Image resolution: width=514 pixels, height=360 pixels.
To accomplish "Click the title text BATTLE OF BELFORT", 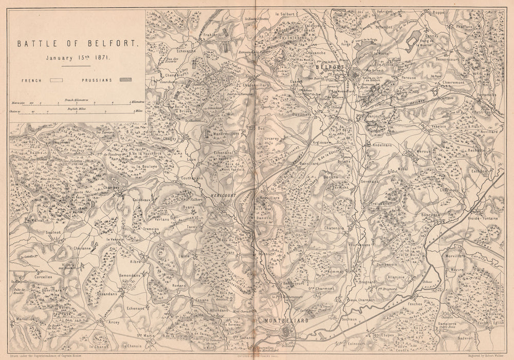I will [78, 44].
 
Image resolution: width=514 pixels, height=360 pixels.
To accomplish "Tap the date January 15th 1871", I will [76, 58].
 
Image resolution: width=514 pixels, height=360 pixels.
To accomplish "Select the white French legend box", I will [56, 81].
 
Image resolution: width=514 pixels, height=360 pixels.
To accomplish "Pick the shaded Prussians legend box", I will [125, 80].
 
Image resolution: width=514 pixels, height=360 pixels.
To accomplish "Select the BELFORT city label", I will [329, 67].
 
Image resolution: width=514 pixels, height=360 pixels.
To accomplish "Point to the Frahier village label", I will [210, 35].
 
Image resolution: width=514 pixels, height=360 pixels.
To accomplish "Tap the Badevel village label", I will [465, 338].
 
